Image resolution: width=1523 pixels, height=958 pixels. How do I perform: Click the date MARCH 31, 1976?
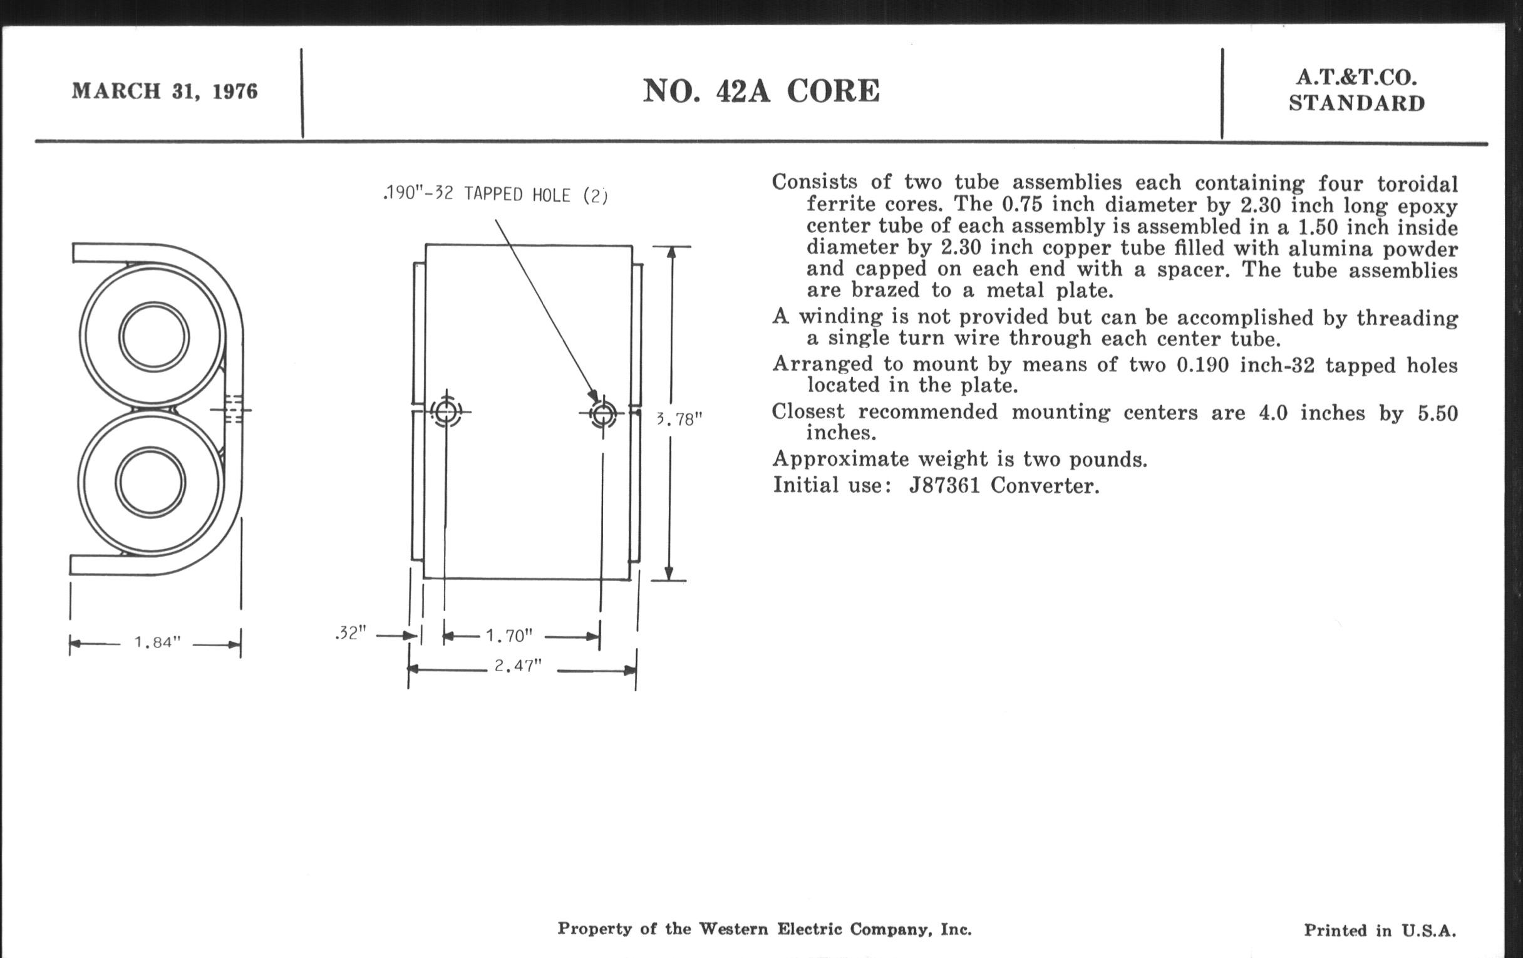pos(165,91)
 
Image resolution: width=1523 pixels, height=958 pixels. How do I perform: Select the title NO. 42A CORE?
pos(761,91)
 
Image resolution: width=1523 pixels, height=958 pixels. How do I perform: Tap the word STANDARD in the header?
pos(1356,104)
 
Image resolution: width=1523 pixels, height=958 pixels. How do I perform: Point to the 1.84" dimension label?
pos(157,642)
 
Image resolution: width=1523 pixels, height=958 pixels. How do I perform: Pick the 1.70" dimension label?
pos(509,635)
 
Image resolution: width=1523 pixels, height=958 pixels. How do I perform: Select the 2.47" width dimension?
pos(518,666)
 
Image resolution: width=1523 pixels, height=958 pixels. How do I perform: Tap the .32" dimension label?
pos(351,633)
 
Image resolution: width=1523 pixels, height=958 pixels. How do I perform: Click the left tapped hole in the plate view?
pos(447,412)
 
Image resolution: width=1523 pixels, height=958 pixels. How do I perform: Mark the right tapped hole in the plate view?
pos(602,415)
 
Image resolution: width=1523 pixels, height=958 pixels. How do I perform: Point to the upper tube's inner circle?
pos(153,336)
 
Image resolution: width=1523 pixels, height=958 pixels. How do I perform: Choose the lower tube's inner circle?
pos(151,483)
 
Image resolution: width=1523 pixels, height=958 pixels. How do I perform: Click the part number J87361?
pos(944,486)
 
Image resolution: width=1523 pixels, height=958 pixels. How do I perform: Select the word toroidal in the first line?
pos(1417,184)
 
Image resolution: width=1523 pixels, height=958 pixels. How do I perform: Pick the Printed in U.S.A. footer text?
pos(1380,930)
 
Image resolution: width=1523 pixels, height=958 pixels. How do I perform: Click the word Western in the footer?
pos(733,929)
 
